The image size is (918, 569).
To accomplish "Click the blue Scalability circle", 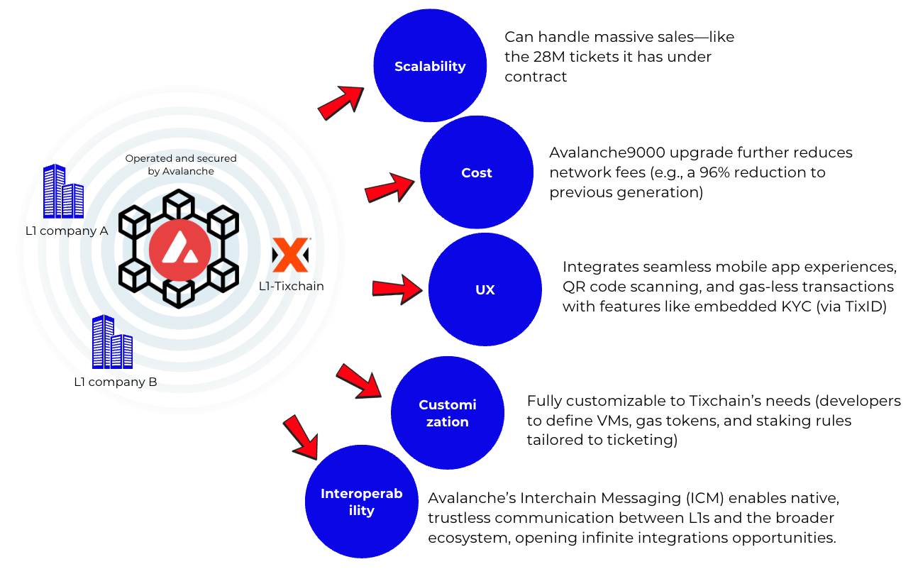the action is point(430,65).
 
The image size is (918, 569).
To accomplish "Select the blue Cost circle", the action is point(477,172).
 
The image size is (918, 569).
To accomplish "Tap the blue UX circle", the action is point(485,289).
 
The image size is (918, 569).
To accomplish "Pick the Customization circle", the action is point(448,413).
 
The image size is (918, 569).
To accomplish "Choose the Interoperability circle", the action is point(362,502).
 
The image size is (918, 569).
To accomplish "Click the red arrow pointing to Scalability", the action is point(341,103).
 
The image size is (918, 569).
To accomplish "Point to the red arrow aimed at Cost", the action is point(389,188).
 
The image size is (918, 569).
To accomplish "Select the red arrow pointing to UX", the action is point(397,289).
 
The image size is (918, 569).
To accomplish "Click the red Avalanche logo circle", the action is point(180,250).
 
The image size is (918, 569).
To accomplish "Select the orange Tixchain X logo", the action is point(291,255).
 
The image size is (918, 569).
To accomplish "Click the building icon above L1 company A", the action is point(64,191).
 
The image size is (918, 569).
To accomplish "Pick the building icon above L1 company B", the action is point(112,342).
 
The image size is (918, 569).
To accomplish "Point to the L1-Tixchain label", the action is point(292,286).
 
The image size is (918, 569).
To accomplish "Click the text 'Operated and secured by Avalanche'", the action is point(181,165).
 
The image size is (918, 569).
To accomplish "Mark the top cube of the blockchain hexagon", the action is point(179,204).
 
